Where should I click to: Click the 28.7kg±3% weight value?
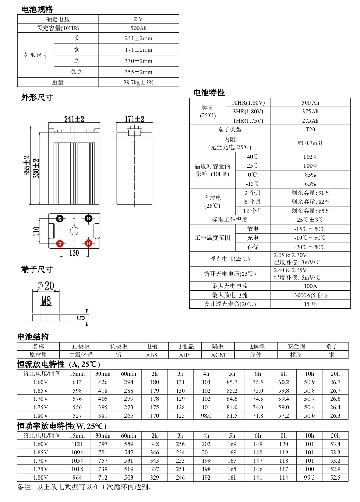[138, 82]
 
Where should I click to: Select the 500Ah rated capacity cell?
[138, 28]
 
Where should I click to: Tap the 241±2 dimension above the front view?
[74, 119]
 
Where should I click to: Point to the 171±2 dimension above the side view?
[134, 119]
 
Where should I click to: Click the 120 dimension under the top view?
[74, 253]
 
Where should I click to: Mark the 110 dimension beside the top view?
[36, 231]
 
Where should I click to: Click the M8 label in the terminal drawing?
[46, 301]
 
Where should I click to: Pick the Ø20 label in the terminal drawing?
[46, 286]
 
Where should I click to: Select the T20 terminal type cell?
[310, 130]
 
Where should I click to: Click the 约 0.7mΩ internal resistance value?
[310, 143]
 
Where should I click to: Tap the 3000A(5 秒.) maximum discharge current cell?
[310, 295]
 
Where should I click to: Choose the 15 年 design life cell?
[310, 304]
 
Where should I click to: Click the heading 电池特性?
[209, 92]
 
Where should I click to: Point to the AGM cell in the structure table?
[218, 355]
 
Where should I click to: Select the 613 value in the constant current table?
[77, 382]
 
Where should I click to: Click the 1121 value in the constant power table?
[77, 444]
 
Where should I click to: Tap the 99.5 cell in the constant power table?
[309, 478]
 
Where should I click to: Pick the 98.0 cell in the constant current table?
[206, 416]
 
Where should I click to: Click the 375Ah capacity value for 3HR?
[310, 112]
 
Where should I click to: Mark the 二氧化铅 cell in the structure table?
[81, 355]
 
